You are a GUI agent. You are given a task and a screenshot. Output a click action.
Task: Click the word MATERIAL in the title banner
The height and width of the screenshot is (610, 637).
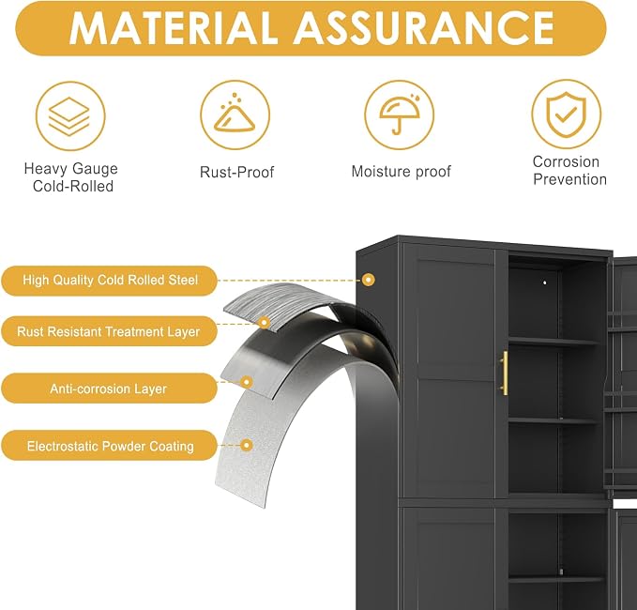[174, 28]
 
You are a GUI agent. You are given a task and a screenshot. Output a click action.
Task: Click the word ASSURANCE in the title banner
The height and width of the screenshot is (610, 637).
[424, 28]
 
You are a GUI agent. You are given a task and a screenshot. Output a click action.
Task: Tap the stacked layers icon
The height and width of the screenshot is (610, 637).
[70, 115]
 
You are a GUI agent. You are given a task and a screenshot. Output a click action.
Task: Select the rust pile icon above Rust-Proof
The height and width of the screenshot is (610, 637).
[235, 115]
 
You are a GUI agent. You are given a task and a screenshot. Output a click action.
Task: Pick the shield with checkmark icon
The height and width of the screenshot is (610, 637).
[567, 114]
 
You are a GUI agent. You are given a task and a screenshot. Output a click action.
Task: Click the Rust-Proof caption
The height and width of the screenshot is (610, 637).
[236, 172]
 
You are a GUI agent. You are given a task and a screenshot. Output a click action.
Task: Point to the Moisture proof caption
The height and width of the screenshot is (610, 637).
[401, 172]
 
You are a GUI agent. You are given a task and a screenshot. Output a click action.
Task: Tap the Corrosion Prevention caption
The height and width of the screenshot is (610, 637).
[569, 170]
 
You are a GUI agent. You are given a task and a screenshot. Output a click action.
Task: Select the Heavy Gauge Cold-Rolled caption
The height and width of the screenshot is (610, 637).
[71, 177]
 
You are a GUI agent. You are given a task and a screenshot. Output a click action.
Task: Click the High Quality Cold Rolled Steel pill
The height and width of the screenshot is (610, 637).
[109, 281]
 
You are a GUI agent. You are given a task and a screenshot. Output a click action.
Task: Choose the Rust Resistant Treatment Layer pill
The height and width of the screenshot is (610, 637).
[109, 331]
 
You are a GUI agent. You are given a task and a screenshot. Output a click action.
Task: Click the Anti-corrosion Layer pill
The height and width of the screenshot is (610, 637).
[109, 389]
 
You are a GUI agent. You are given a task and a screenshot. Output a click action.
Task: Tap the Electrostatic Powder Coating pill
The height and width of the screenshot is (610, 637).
[109, 446]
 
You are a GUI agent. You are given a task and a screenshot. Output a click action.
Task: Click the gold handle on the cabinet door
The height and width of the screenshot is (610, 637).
[505, 374]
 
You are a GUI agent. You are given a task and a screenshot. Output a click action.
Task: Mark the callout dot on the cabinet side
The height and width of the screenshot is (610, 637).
[369, 280]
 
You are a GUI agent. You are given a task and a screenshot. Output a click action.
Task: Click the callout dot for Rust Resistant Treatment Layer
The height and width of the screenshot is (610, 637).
[265, 323]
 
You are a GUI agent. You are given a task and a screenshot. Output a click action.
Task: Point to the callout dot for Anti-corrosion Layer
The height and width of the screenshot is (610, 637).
[246, 382]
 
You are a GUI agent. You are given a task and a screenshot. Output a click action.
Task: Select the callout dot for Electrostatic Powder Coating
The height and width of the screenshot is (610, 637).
[246, 446]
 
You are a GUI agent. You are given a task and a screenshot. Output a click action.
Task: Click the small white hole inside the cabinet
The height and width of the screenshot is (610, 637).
[545, 282]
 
